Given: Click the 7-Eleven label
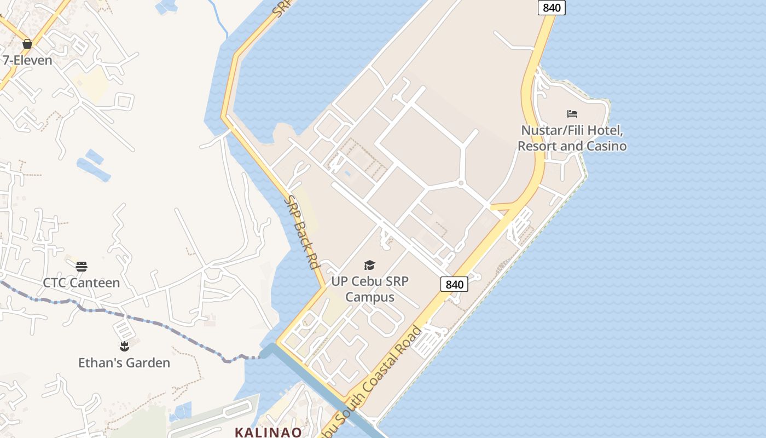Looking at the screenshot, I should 27,60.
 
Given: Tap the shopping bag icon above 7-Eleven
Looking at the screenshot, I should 27,44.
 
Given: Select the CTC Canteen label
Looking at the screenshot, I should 82,283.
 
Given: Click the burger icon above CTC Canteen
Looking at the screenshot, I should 82,267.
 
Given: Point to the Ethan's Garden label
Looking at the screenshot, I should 124,363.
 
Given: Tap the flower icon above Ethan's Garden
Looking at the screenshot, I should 124,346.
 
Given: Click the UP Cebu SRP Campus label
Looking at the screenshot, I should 370,289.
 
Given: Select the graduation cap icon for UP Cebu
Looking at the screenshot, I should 370,266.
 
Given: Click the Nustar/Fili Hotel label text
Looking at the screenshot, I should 572,139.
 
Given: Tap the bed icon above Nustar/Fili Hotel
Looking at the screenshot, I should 572,114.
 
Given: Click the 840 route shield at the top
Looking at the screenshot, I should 552,7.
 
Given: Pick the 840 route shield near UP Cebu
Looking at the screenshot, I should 454,284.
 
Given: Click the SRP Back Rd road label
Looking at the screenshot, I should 301,232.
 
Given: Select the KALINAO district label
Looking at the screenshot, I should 268,432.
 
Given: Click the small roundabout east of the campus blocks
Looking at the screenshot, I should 461,183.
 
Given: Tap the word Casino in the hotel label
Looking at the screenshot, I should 607,146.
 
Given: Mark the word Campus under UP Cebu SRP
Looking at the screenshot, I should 370,297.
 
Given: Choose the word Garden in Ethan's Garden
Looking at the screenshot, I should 148,363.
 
